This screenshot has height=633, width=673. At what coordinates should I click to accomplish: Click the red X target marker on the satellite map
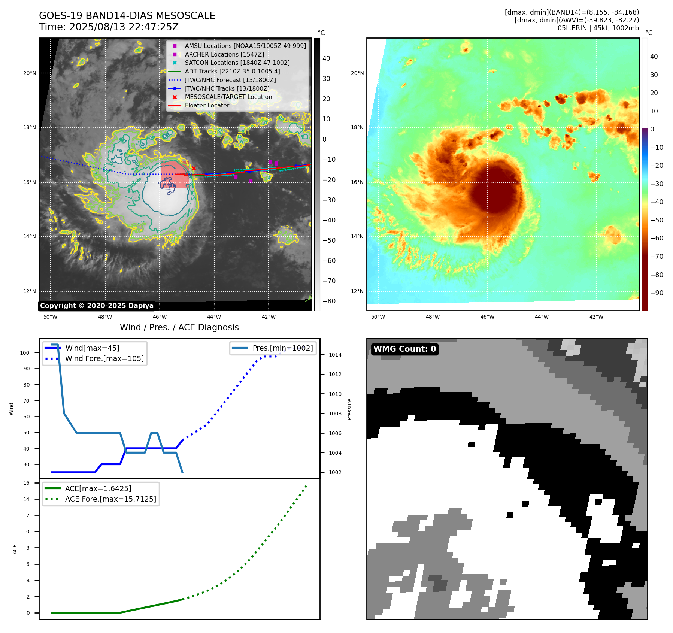194,169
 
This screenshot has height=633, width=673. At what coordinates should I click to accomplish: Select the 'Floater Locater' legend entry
207,106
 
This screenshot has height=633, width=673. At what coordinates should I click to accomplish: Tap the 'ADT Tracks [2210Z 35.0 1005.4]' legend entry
232,71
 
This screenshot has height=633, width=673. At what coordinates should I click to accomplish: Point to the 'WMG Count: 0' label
404,349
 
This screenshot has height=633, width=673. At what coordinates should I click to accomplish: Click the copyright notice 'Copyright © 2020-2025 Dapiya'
97,306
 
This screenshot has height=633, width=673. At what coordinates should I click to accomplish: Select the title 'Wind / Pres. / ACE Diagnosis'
179,327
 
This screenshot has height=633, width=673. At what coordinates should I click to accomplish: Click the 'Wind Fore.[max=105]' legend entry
104,358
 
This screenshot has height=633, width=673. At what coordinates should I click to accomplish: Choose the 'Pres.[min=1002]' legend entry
282,348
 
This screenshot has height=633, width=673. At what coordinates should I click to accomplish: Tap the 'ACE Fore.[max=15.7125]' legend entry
110,499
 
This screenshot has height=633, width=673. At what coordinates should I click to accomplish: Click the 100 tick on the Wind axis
25,353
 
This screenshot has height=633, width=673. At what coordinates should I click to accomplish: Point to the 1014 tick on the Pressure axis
335,355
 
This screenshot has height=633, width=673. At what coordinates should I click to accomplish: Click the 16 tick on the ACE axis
26,483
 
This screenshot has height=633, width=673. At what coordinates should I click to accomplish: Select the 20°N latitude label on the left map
30,73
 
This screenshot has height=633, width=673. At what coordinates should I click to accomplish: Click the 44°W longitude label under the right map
542,317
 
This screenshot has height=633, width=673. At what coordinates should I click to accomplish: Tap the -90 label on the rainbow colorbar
657,293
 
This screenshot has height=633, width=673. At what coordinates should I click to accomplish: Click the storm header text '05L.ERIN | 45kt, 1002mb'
598,28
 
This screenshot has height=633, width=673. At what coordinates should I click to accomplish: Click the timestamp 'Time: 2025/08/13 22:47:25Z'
109,27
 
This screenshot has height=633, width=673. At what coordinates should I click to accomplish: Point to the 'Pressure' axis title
349,409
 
